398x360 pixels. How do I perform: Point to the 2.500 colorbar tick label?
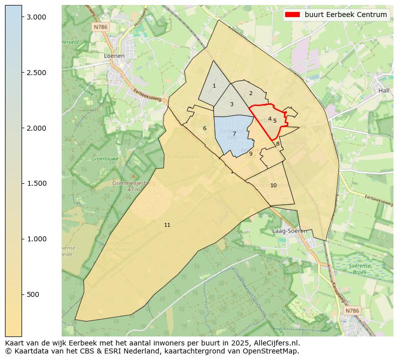click(36, 73)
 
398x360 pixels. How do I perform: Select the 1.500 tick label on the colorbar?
click(36, 183)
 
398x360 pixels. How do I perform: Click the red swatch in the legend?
click(292, 15)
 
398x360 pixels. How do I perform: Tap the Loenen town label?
click(114, 56)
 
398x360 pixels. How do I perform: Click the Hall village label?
click(384, 91)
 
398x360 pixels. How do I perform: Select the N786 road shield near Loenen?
click(100, 28)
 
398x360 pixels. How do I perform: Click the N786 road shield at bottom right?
click(352, 311)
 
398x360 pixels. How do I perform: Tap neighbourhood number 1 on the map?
click(214, 86)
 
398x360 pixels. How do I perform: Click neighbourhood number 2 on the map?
click(251, 93)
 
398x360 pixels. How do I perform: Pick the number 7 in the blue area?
click(234, 134)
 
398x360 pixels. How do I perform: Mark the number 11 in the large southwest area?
click(167, 225)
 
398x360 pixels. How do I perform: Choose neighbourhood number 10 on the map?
click(273, 185)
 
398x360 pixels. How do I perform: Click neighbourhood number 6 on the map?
click(205, 129)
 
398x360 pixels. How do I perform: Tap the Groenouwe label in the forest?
click(104, 159)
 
